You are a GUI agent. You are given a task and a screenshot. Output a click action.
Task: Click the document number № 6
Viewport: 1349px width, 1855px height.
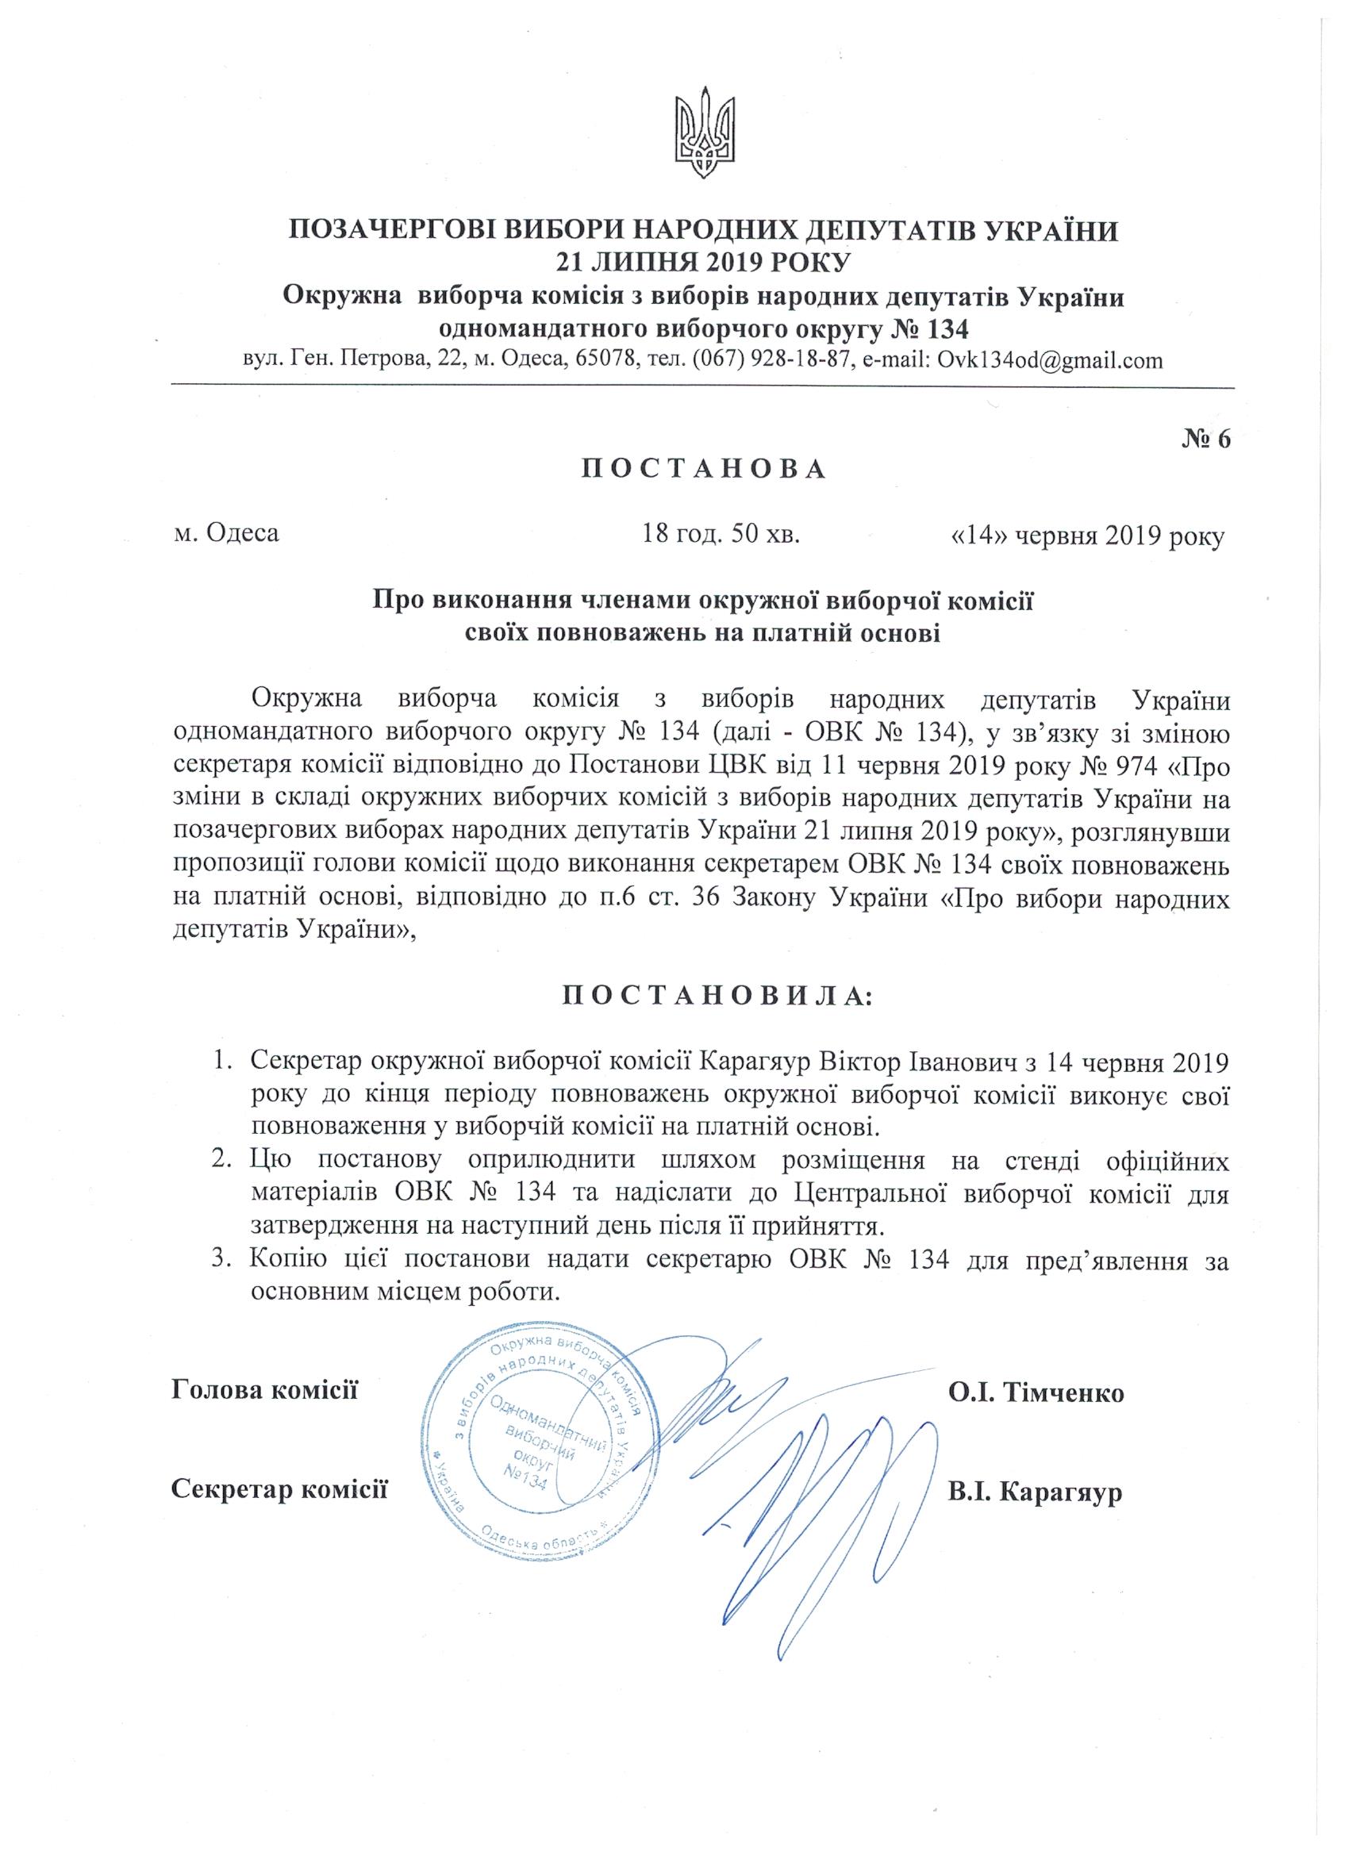1206,439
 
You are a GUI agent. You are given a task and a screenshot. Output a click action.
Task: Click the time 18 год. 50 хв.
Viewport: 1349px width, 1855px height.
721,535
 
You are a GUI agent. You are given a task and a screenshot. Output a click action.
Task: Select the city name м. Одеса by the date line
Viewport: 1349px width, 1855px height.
227,535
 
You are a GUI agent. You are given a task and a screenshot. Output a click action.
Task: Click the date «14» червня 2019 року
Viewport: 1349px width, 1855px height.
1086,536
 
